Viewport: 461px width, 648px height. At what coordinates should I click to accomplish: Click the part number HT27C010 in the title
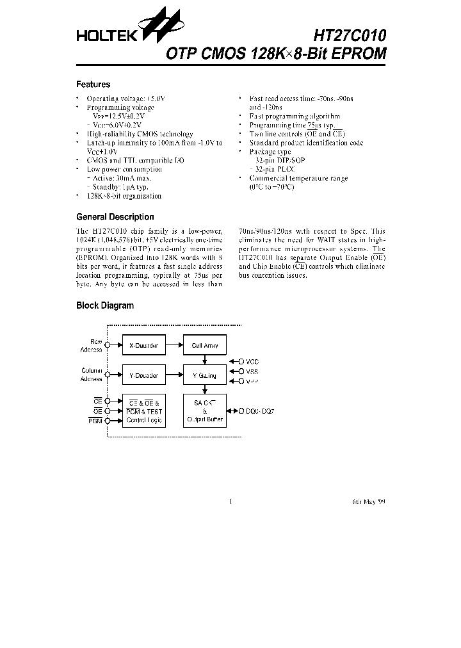(x=350, y=34)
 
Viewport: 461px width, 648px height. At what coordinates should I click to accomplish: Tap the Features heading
(x=93, y=85)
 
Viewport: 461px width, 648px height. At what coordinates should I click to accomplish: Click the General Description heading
(x=115, y=217)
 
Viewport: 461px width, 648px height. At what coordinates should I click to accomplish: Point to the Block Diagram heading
(x=105, y=305)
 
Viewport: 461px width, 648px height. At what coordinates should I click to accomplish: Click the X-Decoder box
(x=143, y=345)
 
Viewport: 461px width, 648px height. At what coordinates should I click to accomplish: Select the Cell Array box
(x=205, y=345)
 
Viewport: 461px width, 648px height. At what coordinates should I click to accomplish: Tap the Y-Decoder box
(x=143, y=375)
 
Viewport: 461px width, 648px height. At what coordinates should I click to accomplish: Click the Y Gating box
(x=205, y=375)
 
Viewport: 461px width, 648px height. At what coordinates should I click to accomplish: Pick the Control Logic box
(x=143, y=411)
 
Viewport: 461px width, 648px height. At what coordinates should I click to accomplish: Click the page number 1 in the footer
(x=230, y=502)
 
